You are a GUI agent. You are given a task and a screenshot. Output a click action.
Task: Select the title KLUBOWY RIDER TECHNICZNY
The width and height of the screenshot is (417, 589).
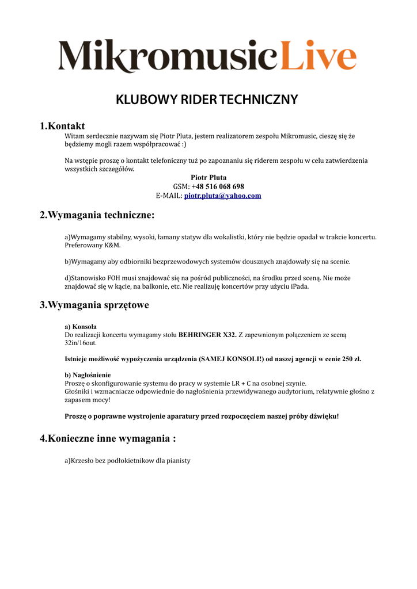[x=207, y=100]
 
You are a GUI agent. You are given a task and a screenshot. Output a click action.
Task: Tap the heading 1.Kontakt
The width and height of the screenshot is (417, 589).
[x=62, y=126]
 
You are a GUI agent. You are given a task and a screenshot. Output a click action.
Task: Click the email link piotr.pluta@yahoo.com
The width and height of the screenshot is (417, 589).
[x=222, y=196]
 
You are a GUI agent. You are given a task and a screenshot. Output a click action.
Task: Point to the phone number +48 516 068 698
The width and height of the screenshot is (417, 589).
[x=218, y=186]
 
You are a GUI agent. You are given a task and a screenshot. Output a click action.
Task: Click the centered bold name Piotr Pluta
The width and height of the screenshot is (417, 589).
[x=208, y=178]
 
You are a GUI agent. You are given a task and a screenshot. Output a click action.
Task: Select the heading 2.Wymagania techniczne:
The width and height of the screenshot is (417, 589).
[x=97, y=215]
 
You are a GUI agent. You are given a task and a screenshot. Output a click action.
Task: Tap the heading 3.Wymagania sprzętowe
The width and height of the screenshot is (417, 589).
[x=94, y=305]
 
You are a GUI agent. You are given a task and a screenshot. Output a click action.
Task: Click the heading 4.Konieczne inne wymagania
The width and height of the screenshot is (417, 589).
[x=108, y=438]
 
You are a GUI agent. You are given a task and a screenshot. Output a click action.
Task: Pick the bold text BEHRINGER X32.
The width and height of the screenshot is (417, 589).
[x=207, y=334]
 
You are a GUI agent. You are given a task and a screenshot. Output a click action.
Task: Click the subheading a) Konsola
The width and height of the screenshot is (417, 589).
[x=81, y=326]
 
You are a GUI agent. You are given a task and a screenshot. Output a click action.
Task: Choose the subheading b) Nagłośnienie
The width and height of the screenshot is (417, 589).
[x=88, y=374]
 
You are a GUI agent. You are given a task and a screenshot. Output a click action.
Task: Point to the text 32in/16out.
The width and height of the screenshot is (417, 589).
[x=81, y=343]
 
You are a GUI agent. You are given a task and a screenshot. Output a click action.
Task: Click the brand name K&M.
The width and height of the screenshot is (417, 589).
[x=113, y=245]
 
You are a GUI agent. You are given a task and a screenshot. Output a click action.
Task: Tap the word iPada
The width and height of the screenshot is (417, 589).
[x=298, y=286]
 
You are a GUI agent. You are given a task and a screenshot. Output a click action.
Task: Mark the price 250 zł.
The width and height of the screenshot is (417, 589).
[x=351, y=359]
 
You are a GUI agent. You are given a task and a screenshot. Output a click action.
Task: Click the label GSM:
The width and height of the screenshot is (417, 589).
[x=181, y=186]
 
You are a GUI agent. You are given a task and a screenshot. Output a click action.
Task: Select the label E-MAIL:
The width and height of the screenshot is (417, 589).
[x=169, y=196]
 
